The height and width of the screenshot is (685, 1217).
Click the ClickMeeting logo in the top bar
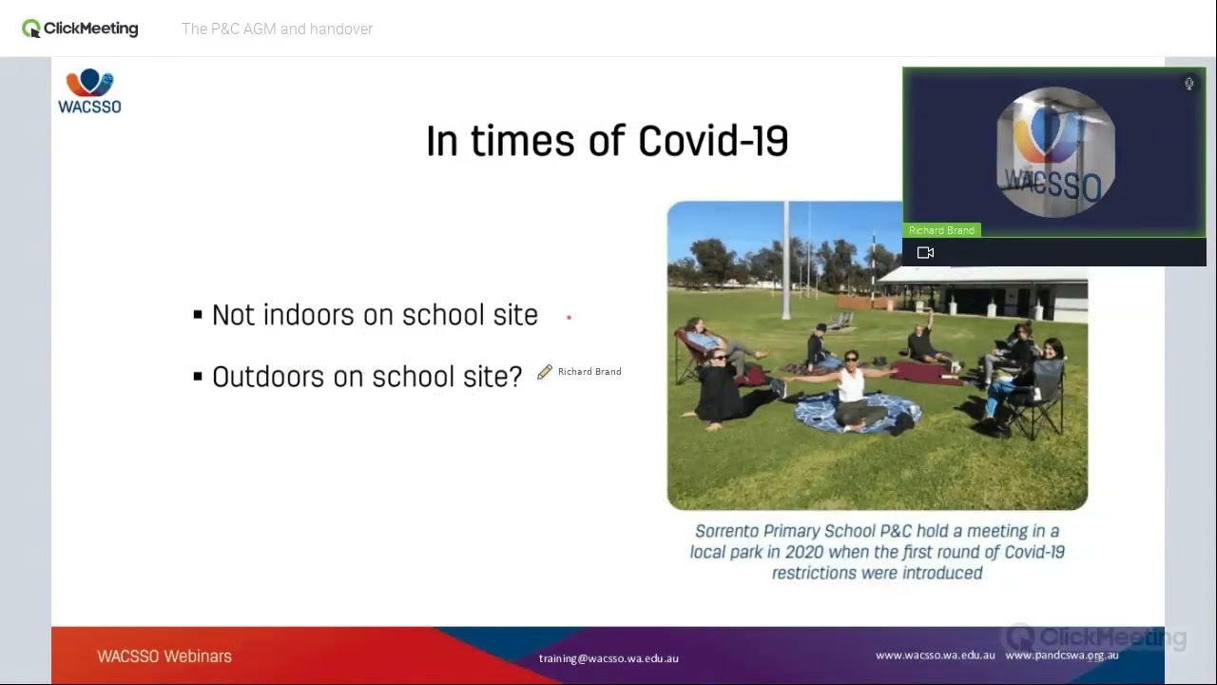tap(80, 29)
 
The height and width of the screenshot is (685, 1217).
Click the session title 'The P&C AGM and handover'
tap(277, 29)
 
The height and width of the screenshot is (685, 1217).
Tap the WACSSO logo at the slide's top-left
tap(89, 91)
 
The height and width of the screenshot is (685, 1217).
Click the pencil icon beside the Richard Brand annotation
tap(545, 372)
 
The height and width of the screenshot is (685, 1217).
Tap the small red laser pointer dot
tap(569, 318)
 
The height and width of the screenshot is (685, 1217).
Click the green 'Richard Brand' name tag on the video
tap(940, 230)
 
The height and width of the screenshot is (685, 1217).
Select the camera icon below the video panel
tap(925, 252)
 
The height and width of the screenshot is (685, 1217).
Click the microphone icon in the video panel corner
tap(1188, 84)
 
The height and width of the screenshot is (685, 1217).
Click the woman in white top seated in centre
tap(851, 384)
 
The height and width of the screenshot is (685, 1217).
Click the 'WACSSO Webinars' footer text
tap(164, 656)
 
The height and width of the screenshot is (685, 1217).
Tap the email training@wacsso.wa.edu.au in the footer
tap(608, 658)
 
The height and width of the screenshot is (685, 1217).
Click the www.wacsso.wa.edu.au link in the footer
tap(935, 656)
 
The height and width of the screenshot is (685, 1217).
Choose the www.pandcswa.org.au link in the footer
tap(1061, 656)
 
